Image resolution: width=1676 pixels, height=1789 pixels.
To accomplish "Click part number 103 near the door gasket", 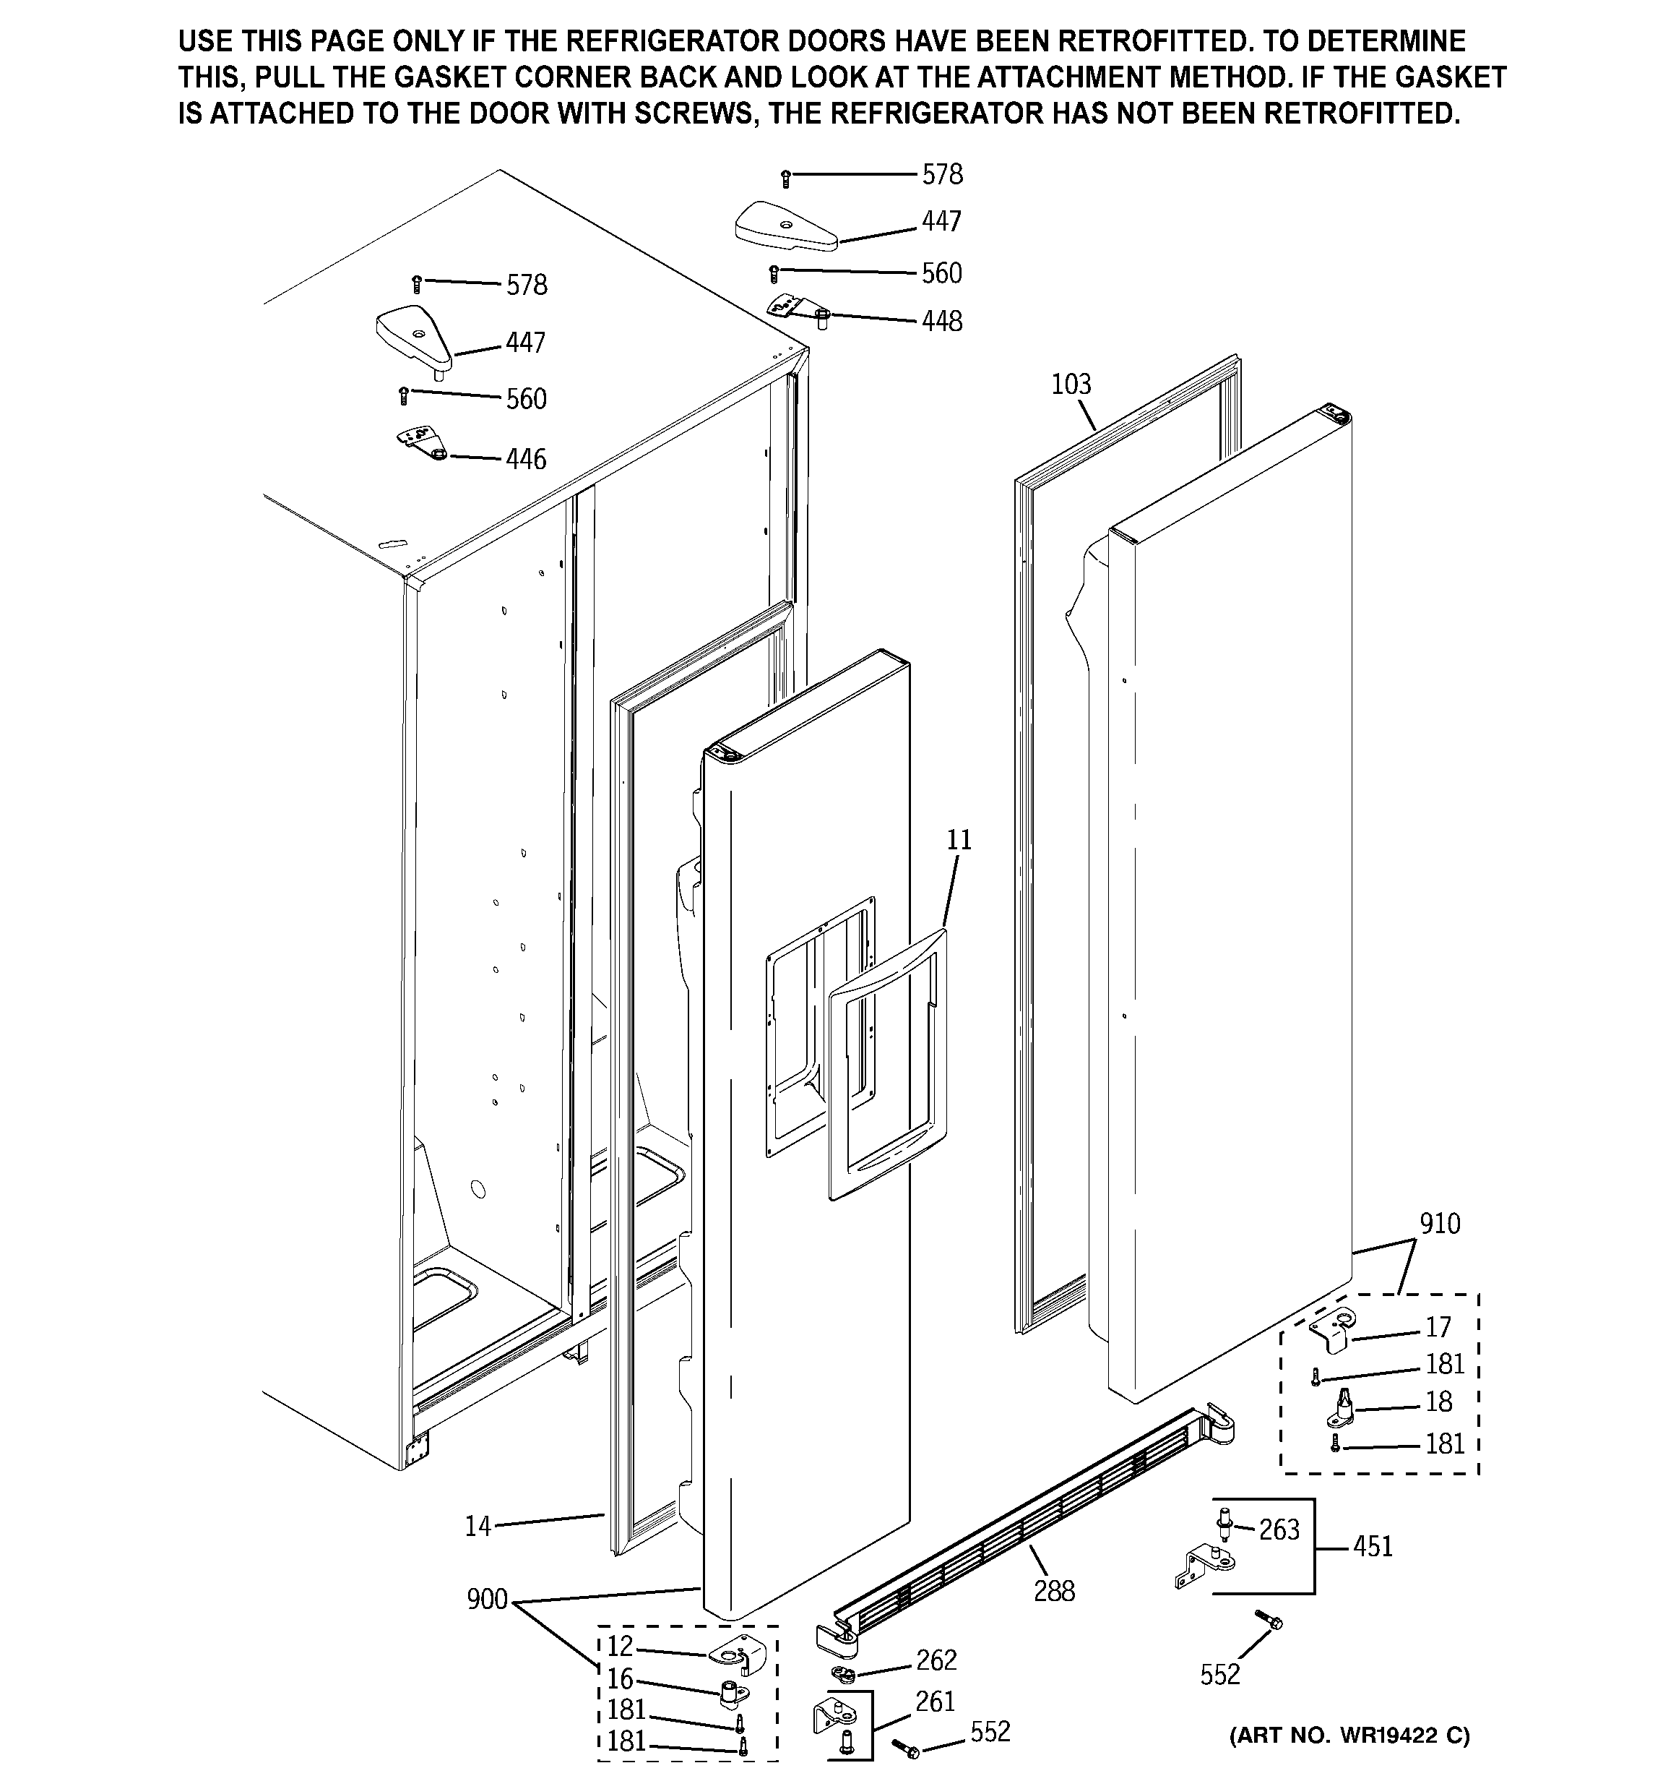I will (1071, 385).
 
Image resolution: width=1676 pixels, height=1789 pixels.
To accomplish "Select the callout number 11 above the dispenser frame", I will (959, 840).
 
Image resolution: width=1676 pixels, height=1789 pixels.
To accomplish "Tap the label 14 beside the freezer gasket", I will (478, 1526).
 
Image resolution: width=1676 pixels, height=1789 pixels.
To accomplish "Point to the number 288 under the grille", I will (1053, 1591).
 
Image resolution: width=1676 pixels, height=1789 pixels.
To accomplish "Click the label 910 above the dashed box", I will (1439, 1224).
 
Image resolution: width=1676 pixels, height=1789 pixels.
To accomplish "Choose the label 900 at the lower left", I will (487, 1599).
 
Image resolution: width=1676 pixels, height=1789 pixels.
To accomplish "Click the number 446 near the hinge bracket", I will (525, 459).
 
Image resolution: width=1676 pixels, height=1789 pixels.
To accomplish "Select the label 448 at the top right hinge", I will (941, 321).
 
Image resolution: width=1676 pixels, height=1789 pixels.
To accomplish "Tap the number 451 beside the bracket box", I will (1372, 1546).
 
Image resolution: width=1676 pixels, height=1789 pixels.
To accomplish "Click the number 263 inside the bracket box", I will (1279, 1529).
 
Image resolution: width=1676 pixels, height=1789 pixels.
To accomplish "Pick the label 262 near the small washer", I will (936, 1660).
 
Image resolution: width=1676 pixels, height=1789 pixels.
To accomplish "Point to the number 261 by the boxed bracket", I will (935, 1702).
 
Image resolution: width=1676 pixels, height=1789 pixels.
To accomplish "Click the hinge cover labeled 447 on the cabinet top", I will (412, 333).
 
